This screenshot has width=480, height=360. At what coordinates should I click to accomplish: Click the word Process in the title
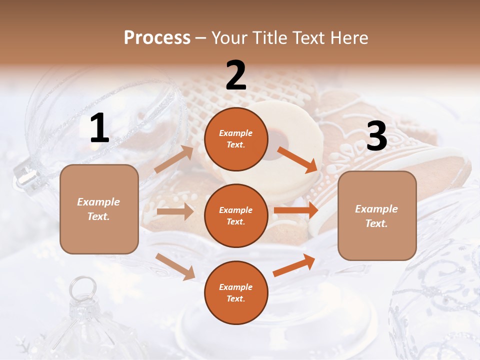[157, 37]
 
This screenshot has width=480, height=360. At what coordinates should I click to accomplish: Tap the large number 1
[99, 128]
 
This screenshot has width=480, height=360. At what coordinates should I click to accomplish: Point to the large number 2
[235, 75]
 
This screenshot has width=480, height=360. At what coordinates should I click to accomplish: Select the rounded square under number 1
[99, 209]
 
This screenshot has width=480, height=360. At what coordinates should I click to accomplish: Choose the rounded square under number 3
[376, 216]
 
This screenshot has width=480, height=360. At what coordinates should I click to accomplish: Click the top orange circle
[235, 139]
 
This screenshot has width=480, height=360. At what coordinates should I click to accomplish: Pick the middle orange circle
[235, 216]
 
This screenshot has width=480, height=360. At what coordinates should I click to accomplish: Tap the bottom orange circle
[235, 293]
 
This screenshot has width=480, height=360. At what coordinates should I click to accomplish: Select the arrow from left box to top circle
[174, 159]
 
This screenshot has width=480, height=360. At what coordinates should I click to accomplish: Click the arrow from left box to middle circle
[175, 211]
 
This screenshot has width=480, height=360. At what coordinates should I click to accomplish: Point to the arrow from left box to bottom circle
[175, 266]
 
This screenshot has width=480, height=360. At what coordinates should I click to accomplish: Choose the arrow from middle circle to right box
[296, 210]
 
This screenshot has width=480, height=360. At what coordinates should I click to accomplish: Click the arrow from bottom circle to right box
[294, 265]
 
